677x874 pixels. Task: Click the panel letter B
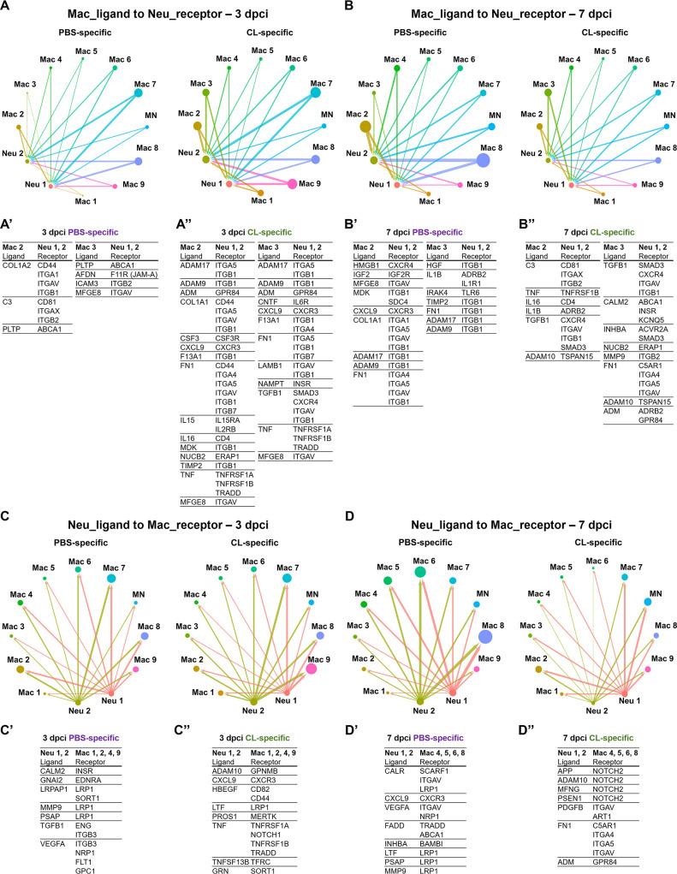pyautogui.click(x=350, y=8)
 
